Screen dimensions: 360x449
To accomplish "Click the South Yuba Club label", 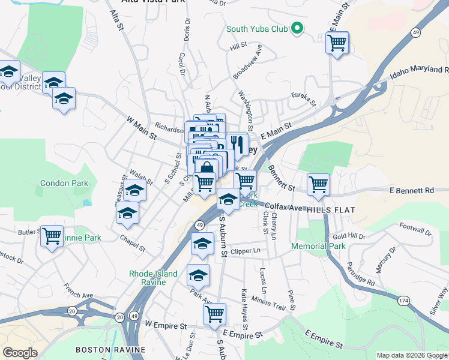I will coord(257,29).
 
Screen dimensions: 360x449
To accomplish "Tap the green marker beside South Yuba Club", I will coord(296,28).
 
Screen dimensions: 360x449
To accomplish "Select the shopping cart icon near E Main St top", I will coord(337,42).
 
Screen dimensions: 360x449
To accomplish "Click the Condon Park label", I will coord(64,183).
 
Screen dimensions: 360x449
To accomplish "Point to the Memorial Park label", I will coord(318,246).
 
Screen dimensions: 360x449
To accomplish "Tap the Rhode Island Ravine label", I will coord(153,278).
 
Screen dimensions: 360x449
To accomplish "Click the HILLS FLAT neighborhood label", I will coord(331,211).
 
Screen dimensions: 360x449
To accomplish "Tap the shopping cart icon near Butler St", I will coord(52,235).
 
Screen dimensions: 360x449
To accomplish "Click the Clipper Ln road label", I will coord(246,251).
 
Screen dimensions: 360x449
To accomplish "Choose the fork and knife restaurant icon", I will coord(237,144).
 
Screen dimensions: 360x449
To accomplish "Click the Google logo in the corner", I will coord(20,353).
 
